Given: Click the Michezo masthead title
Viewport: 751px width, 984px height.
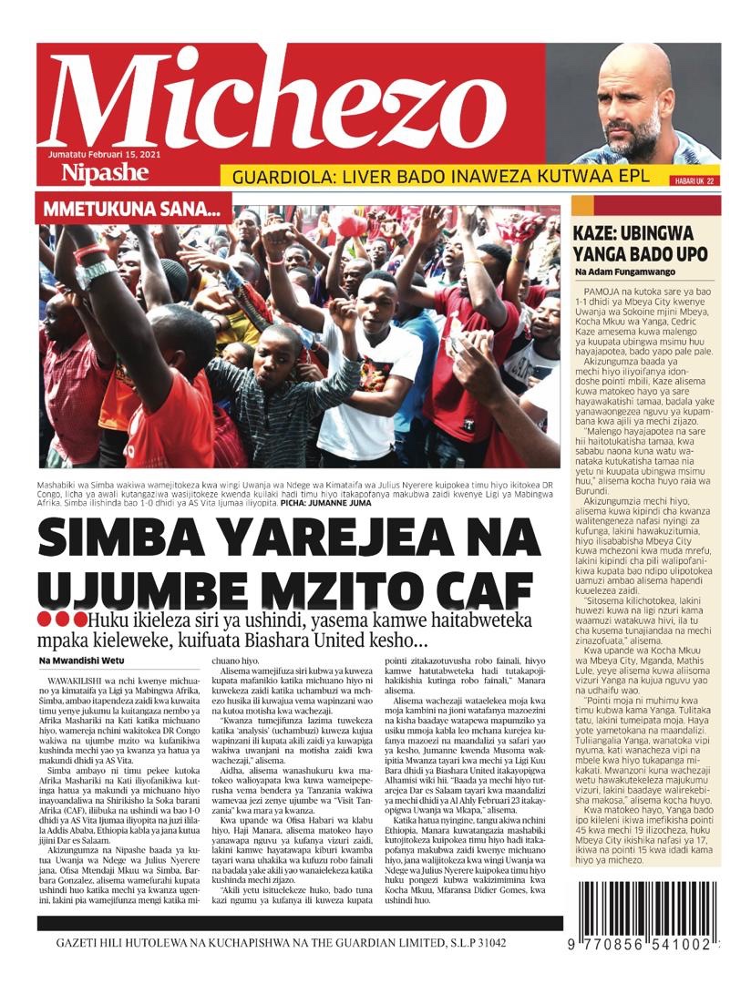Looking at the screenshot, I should point(273,100).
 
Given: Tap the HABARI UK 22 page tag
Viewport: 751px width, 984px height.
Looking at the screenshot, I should point(695,181).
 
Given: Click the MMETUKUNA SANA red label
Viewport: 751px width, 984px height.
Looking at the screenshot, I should point(133,210).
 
